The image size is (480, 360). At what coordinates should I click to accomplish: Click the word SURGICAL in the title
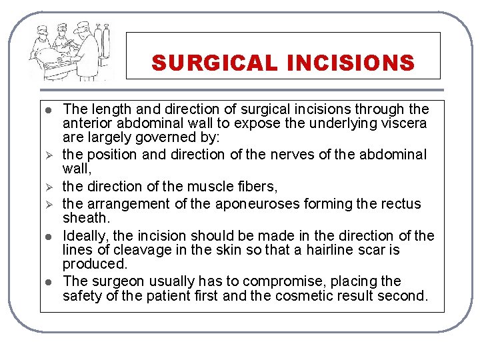214,63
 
